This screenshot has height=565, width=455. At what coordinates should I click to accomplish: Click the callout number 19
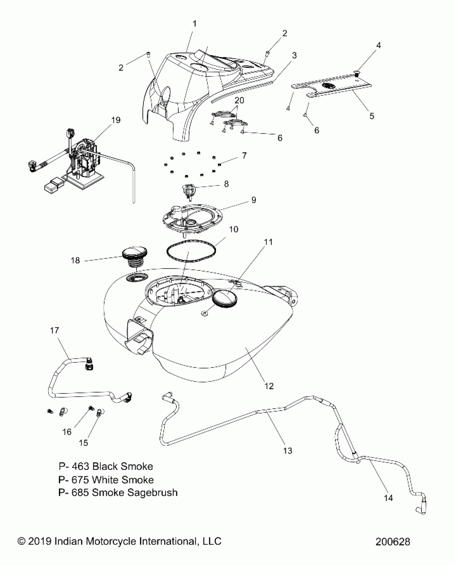pos(116,120)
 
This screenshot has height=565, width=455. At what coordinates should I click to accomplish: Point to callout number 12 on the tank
pos(269,386)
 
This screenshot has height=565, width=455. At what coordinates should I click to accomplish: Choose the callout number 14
pos(388,498)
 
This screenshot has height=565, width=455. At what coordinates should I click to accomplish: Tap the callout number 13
pos(288,451)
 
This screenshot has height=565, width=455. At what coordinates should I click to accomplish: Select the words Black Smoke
pos(123,466)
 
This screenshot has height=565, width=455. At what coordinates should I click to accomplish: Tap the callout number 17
pos(54,331)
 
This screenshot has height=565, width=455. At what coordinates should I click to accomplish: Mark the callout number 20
pos(239,100)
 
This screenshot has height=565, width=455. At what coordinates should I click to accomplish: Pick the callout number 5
pos(371,116)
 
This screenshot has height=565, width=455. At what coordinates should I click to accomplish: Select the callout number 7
pos(244,155)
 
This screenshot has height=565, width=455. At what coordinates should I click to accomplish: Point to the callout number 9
pos(253,200)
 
